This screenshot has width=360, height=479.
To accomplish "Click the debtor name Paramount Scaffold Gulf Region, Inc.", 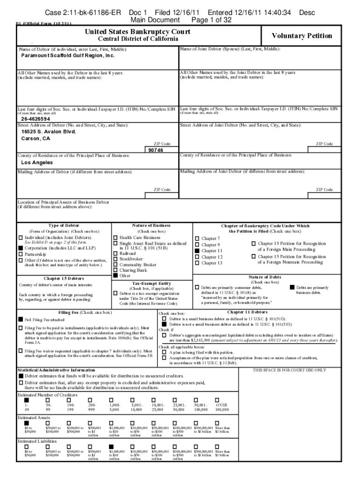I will [68, 55].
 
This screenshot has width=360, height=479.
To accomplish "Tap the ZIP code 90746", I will [156, 150].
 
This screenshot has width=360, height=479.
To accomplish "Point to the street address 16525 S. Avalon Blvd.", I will [49, 132].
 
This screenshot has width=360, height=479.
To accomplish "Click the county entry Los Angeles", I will [37, 162].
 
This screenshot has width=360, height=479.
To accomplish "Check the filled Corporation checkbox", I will [21, 248].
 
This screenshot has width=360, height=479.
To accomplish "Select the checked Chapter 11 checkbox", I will [197, 251].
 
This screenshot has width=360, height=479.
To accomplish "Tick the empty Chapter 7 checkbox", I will [197, 239].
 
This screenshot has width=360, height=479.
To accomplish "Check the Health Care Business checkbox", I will [115, 238].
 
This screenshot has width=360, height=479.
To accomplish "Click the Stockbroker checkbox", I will [115, 258].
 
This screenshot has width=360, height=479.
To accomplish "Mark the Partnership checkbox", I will [21, 254].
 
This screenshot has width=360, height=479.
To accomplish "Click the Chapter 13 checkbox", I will [197, 263].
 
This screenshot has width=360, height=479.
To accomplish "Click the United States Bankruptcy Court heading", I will [131, 31].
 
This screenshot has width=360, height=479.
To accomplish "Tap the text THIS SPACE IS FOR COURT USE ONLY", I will [289, 370].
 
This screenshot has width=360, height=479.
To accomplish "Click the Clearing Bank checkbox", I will [115, 270].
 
